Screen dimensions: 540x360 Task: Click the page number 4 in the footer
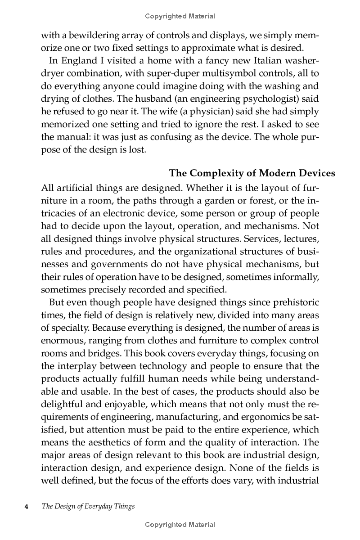(x=26, y=506)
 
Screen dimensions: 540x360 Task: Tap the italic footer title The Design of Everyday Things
(x=88, y=506)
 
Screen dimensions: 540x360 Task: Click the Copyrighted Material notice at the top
(x=180, y=16)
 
